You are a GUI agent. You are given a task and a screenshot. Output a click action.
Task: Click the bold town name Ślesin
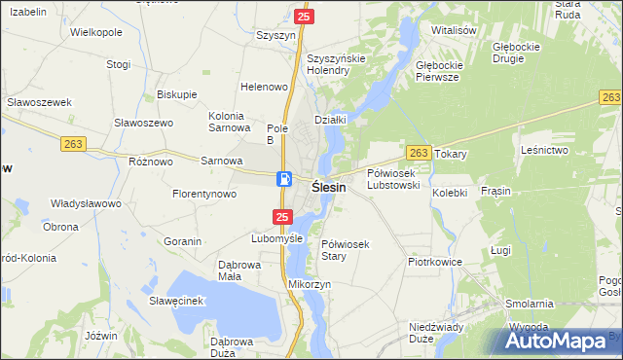point(328,187)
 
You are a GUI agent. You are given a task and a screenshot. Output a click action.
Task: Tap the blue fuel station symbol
point(283,178)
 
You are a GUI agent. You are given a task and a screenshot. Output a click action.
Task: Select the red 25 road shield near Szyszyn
point(304,17)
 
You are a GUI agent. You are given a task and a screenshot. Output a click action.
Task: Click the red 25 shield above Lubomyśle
point(281,216)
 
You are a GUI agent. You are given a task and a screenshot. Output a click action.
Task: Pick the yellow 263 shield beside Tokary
point(420,153)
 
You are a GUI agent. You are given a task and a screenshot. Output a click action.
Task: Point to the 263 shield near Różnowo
point(74,143)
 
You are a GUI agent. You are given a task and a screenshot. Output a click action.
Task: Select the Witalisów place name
point(453,30)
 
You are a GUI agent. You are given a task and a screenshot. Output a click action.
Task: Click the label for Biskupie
point(176,94)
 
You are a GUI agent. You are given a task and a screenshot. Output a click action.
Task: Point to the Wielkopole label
point(96,32)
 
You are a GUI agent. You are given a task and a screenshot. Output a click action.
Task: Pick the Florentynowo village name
point(204,194)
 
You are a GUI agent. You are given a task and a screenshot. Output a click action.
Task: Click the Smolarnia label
point(530,304)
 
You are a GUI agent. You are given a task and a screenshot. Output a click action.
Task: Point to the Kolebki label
point(450,193)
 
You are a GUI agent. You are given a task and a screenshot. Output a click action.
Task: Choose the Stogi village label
point(119,65)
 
